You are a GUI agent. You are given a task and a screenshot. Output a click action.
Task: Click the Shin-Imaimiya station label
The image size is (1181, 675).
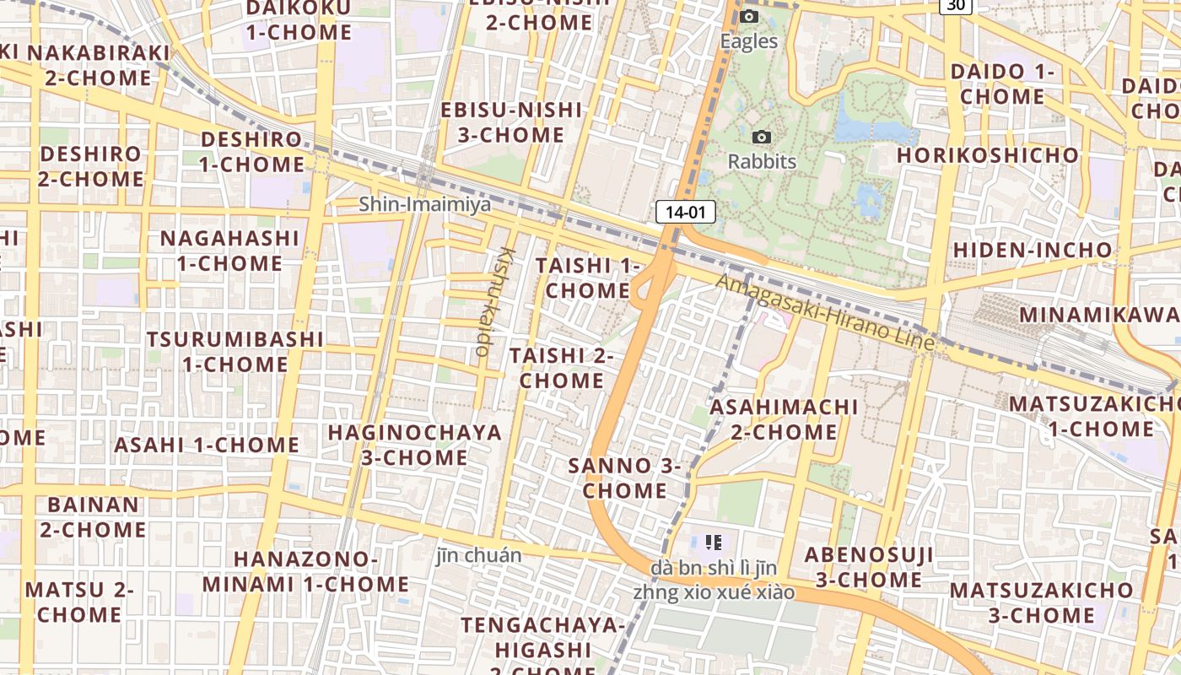[x=424, y=204]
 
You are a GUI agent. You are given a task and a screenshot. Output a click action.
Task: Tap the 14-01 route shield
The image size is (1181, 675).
[x=685, y=212]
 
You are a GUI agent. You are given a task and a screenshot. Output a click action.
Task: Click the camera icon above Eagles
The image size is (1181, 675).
[x=748, y=17]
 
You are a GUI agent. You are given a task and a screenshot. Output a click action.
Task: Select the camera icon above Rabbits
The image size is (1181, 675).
[x=762, y=137]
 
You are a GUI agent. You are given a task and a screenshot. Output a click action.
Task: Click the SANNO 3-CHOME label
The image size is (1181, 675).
[x=625, y=478]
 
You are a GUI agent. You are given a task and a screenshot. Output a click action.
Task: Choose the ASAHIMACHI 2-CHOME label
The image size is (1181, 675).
[x=784, y=419]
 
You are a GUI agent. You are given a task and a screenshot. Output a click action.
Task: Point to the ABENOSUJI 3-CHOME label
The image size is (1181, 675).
[x=869, y=567]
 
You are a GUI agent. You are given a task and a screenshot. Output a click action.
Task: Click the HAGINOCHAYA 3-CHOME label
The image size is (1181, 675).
[x=414, y=445]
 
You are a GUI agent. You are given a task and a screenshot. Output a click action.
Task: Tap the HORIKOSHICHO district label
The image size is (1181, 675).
[x=987, y=155]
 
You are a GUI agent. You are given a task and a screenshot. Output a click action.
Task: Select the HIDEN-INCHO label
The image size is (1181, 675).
[x=1033, y=250]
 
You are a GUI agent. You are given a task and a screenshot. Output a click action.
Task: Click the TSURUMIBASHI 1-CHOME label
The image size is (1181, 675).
[x=235, y=352]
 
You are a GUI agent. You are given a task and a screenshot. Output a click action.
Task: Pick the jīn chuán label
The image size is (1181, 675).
[x=479, y=555]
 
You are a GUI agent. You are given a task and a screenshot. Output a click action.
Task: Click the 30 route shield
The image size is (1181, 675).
[x=955, y=5]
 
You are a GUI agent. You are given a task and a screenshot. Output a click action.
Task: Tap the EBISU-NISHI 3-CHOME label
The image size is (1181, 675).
[x=512, y=122]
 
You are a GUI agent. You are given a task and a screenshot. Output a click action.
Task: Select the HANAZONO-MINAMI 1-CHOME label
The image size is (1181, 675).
[x=305, y=571]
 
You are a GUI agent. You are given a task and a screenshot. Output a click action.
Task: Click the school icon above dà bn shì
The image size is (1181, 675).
[x=714, y=542]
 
